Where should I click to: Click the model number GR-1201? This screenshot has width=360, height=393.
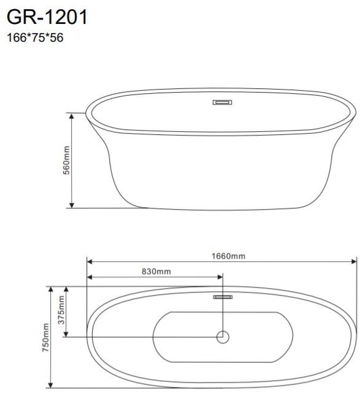[x=47, y=17]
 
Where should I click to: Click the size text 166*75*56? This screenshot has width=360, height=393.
[x=35, y=37]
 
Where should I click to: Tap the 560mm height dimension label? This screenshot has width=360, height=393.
[x=66, y=160]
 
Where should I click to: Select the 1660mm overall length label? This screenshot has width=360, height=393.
[x=228, y=256]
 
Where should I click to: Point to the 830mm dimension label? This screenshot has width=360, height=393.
[x=156, y=272]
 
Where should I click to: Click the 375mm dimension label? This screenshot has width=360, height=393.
[x=61, y=310]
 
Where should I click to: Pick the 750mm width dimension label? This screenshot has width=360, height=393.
[x=45, y=337]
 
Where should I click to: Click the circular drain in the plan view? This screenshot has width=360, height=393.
[x=223, y=337]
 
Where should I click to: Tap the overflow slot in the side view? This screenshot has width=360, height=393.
[x=223, y=102]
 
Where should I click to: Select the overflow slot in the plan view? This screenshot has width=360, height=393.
[x=223, y=297]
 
